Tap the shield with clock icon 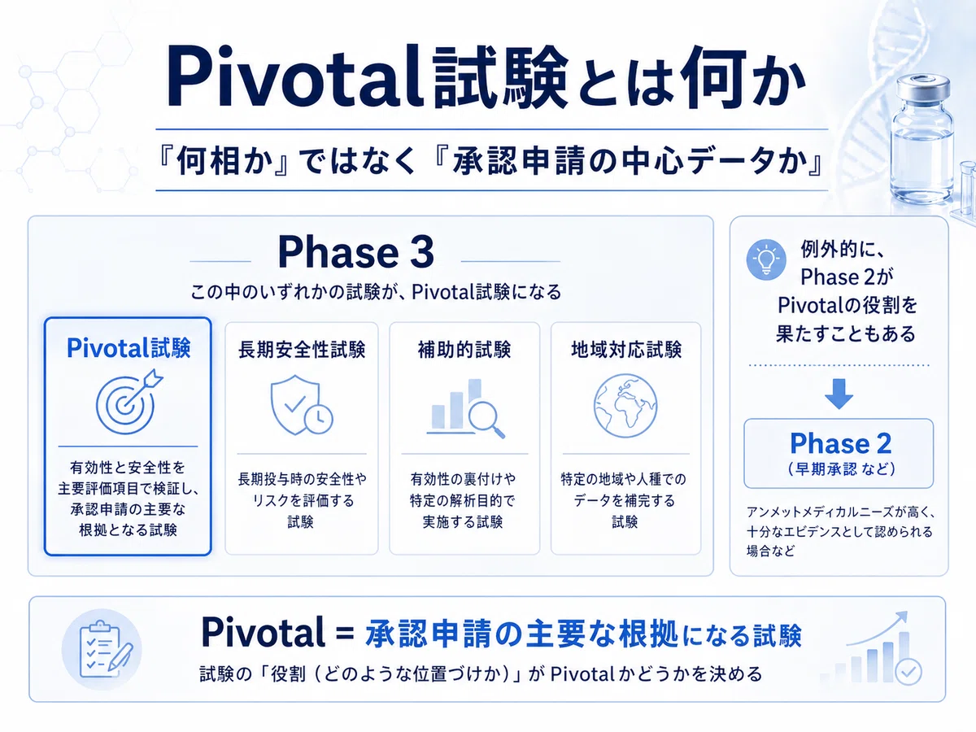pos(302,405)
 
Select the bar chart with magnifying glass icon pos(465,408)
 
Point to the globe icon pos(625,405)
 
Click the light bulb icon pos(765,259)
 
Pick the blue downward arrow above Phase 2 pos(839,394)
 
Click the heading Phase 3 pos(355,252)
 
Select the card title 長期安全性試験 pos(302,350)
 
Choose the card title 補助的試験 pos(464,350)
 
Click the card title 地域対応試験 pos(626,350)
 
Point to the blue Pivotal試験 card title pos(129,348)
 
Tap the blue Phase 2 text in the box pos(840,443)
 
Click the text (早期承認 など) pos(841,469)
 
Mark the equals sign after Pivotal pos(345,634)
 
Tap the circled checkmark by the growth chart pos(908,671)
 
